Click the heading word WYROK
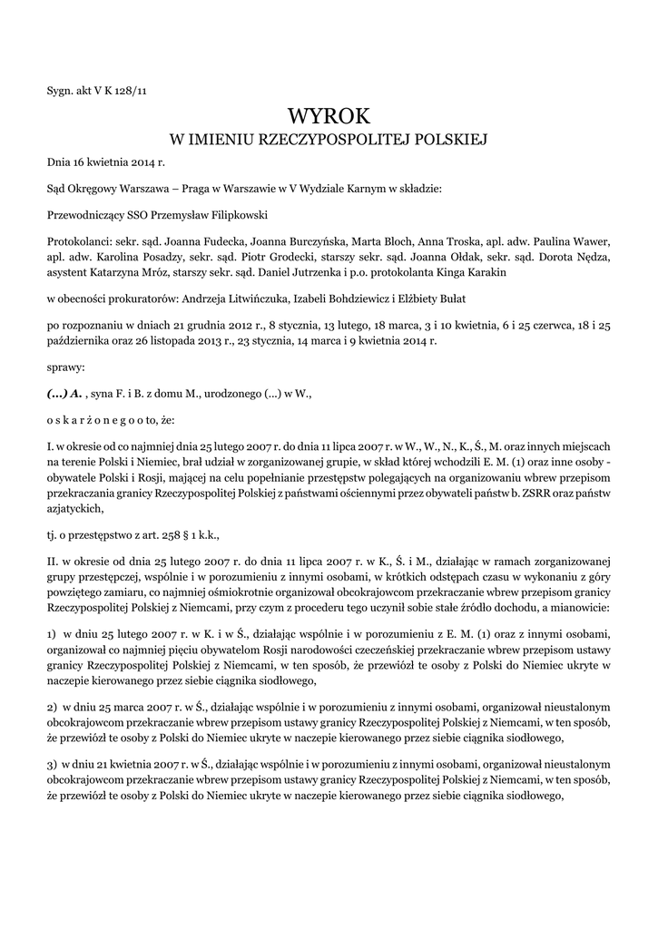point(329,116)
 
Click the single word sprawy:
point(64,370)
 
